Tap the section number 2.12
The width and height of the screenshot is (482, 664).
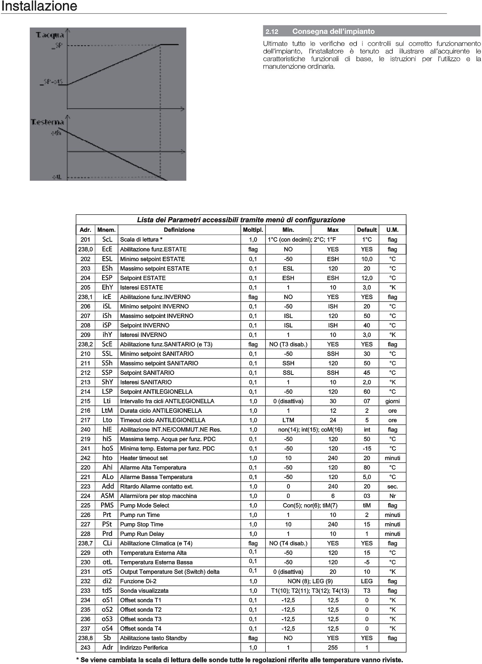click(272, 32)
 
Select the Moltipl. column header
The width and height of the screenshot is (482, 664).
click(253, 230)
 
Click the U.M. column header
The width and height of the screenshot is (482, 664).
click(392, 230)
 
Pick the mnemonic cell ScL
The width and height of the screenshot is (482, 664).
click(107, 240)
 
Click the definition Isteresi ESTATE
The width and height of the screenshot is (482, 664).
click(141, 287)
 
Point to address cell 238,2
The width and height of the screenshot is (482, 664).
click(85, 344)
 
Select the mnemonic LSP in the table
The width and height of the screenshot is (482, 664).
click(107, 392)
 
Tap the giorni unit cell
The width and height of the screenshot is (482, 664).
click(392, 401)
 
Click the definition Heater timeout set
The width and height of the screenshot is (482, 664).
click(144, 458)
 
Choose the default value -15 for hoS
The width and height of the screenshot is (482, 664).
click(367, 449)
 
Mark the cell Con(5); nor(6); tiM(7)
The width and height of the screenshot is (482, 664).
click(310, 505)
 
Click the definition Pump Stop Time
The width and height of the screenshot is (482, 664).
click(142, 525)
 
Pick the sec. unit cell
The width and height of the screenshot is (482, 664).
click(392, 487)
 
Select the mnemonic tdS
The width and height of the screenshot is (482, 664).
click(107, 591)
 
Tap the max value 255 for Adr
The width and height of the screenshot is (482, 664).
click(333, 648)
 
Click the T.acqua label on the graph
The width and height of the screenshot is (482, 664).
click(50, 35)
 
